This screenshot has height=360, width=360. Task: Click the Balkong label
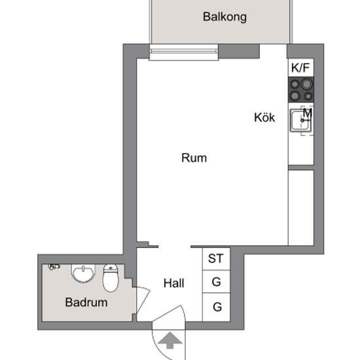coord(225,17)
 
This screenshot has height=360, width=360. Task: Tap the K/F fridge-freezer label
coord(300,67)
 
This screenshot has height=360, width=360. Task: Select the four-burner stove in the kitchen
coord(300,90)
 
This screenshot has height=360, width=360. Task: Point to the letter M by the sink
coord(308,113)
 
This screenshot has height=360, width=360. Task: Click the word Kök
coord(264,118)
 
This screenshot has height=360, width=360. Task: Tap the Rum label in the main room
coord(194,158)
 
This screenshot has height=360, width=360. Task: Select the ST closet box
coord(215,259)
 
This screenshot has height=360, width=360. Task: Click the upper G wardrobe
coord(215,283)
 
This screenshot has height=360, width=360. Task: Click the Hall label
coord(173,283)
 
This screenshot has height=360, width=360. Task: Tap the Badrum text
coord(86,303)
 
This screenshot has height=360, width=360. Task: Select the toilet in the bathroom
coord(110,278)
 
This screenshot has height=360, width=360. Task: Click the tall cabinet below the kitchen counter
coord(300,206)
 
